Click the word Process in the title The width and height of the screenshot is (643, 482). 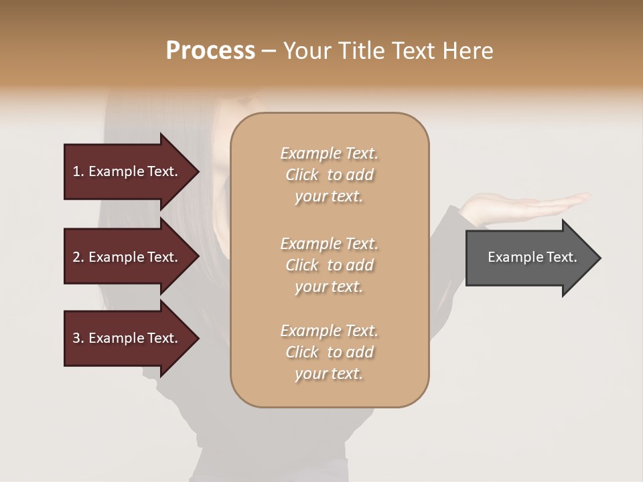(x=210, y=51)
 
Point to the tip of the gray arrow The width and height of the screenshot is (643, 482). (x=599, y=258)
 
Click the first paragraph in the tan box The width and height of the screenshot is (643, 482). (x=329, y=175)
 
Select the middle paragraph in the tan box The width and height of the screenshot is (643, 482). (x=329, y=265)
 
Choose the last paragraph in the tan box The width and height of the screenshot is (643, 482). (x=329, y=352)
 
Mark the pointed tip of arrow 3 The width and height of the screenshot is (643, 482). (x=198, y=339)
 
